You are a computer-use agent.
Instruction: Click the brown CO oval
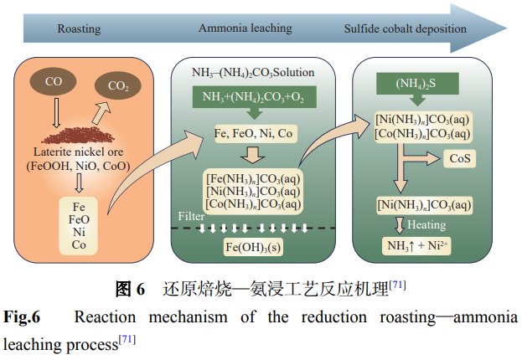click(x=54, y=83)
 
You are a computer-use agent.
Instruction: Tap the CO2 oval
click(x=116, y=85)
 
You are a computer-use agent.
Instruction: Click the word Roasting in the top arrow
click(x=79, y=29)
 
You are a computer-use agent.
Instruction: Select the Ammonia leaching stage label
click(x=245, y=28)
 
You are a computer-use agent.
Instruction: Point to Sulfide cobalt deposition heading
click(x=405, y=29)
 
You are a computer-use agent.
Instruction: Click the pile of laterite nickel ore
click(x=80, y=132)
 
